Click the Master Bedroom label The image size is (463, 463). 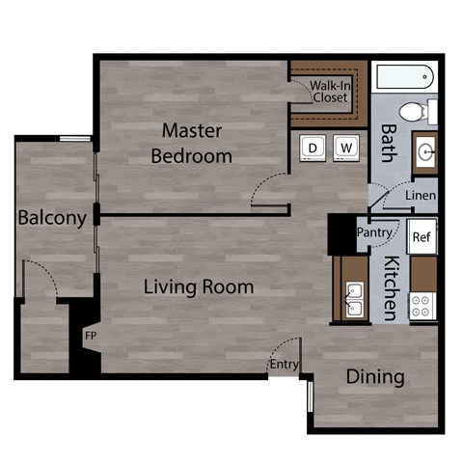[197, 142]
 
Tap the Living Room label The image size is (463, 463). [199, 286]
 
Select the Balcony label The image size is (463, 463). [52, 218]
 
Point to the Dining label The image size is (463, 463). [375, 376]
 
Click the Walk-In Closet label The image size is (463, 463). [329, 91]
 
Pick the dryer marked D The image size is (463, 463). [313, 148]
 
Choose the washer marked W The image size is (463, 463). [346, 148]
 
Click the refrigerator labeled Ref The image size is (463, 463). [421, 236]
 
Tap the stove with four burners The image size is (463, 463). [422, 306]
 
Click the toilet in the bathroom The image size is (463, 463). [417, 111]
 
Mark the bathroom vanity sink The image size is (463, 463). [425, 151]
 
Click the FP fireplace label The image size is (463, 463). [91, 336]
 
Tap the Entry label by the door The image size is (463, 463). [284, 365]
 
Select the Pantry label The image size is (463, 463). [373, 232]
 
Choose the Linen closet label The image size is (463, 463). [421, 196]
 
